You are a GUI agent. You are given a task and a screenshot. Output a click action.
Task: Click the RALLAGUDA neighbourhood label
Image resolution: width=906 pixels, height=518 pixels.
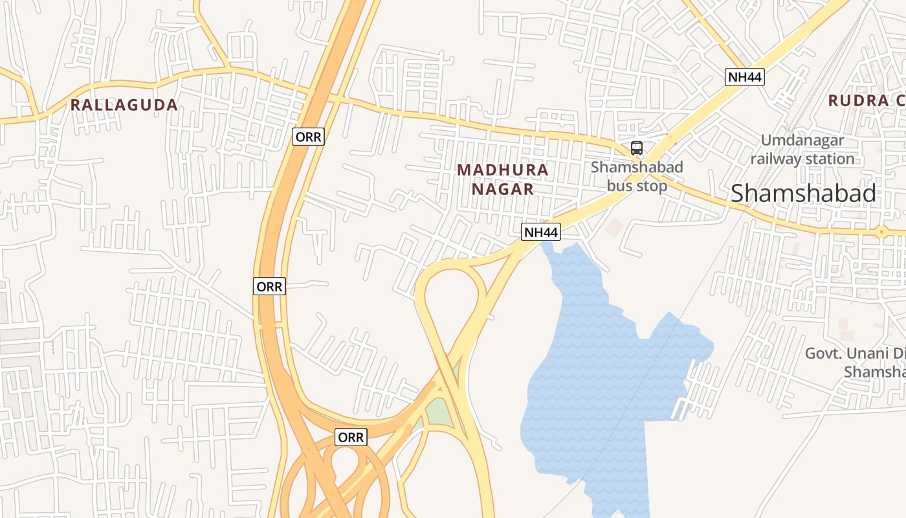pyautogui.click(x=124, y=105)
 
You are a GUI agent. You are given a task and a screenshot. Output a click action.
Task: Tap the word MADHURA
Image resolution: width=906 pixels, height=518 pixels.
pyautogui.click(x=502, y=170)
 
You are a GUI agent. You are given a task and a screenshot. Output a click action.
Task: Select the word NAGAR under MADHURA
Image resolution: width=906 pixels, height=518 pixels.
pyautogui.click(x=502, y=189)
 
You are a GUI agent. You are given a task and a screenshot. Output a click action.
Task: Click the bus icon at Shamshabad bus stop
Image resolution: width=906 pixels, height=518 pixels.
pyautogui.click(x=637, y=148)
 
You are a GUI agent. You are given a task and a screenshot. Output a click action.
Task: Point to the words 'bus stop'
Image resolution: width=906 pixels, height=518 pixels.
pyautogui.click(x=637, y=186)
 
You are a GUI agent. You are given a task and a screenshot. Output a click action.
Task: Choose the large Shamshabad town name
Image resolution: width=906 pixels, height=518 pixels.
pyautogui.click(x=803, y=193)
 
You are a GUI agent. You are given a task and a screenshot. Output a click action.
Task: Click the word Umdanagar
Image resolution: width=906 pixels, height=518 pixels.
pyautogui.click(x=802, y=140)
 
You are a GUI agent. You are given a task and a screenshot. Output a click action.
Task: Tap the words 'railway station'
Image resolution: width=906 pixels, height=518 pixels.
pyautogui.click(x=802, y=159)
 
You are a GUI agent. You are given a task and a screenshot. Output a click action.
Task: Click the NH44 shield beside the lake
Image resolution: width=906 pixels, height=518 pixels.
pyautogui.click(x=541, y=232)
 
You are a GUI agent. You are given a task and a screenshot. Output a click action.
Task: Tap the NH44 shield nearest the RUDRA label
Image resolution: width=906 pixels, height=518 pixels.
pyautogui.click(x=745, y=76)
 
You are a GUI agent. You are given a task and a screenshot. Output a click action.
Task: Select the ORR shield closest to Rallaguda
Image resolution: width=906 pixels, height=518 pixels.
pyautogui.click(x=307, y=137)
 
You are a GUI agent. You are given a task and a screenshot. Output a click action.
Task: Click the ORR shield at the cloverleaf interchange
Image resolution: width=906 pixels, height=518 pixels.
pyautogui.click(x=351, y=438)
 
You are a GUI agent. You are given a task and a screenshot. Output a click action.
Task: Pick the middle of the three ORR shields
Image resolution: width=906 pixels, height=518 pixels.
pyautogui.click(x=269, y=286)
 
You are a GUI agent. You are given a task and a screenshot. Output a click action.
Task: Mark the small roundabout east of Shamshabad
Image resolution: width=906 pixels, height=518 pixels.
pyautogui.click(x=880, y=231)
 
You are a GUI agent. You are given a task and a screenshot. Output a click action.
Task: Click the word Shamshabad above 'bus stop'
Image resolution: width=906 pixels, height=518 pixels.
pyautogui.click(x=637, y=167)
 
